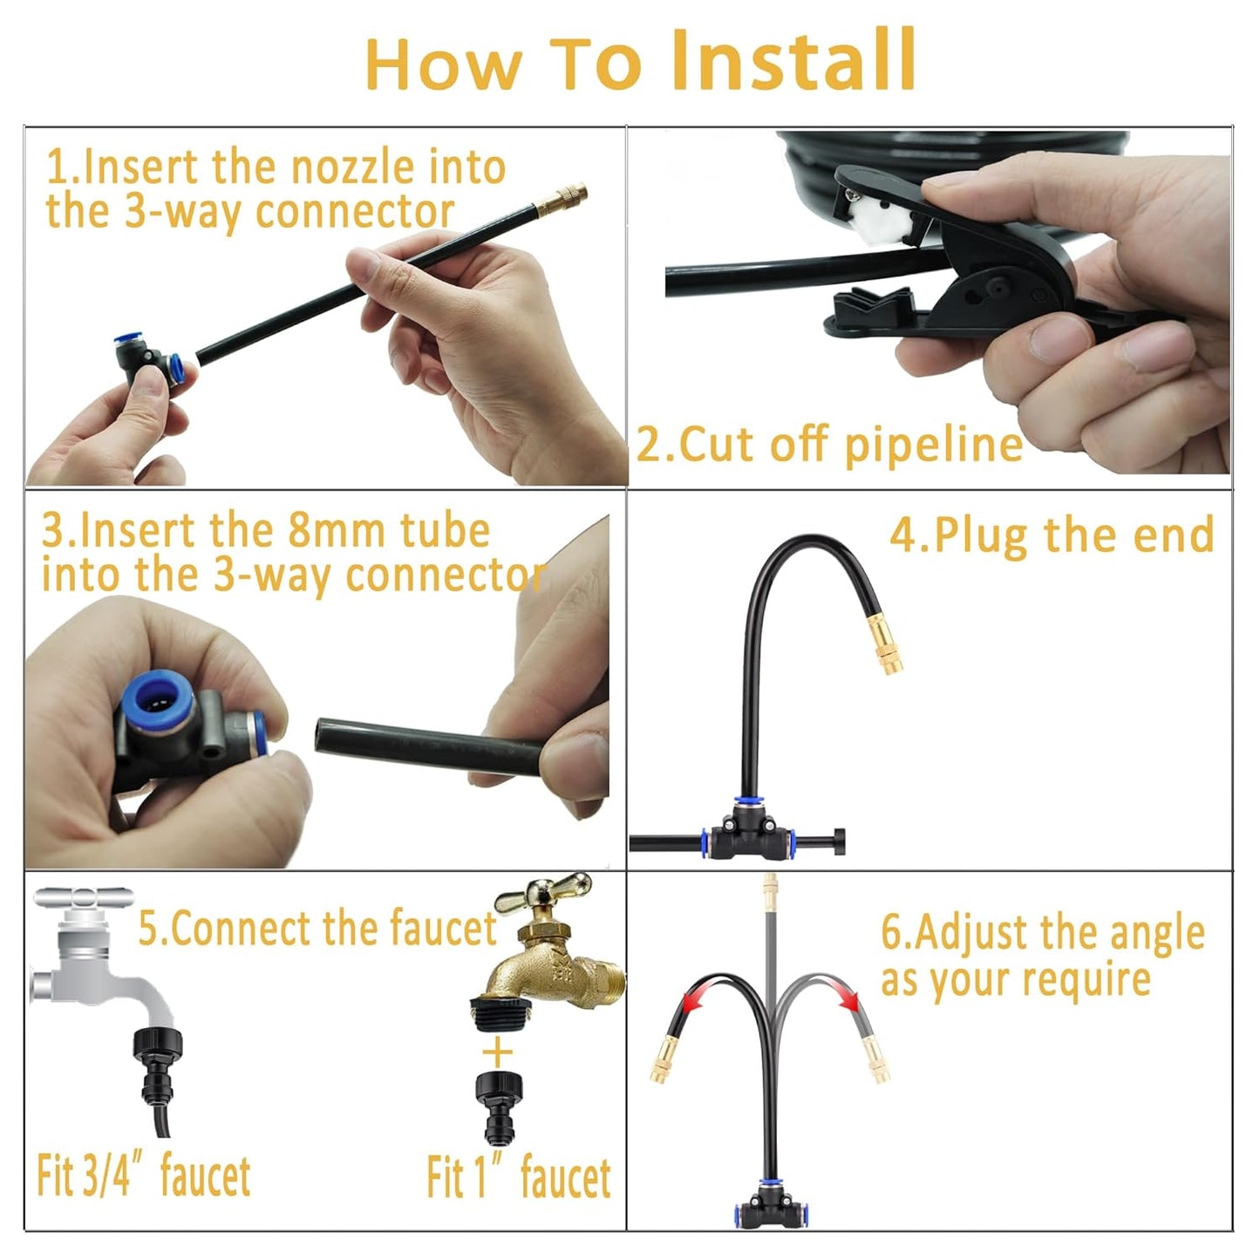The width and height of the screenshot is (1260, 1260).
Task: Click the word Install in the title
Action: coord(793,61)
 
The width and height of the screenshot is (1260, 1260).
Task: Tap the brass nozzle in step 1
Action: coord(562,201)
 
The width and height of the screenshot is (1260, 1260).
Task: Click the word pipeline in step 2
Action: coord(933,445)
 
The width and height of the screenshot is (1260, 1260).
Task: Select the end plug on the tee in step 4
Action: coord(834,841)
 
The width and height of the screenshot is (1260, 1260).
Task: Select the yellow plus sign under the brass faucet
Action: coord(498,1052)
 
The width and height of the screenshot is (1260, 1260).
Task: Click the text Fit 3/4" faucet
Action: coord(144,1176)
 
